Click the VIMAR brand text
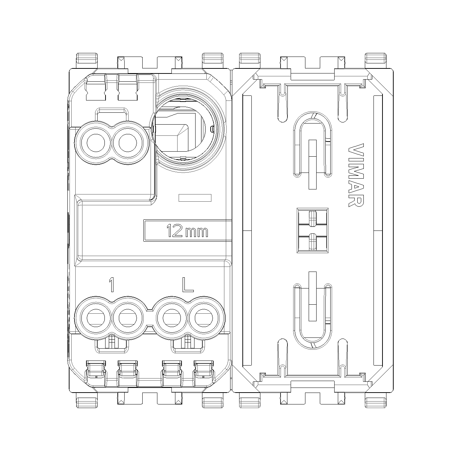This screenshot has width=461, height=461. pyautogui.click(x=356, y=175)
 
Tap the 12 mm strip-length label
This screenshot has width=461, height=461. pyautogui.click(x=187, y=230)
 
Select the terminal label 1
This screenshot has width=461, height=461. pyautogui.click(x=111, y=285)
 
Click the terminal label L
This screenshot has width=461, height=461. pyautogui.click(x=188, y=285)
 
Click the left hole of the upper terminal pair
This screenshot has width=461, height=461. pyautogui.click(x=96, y=143)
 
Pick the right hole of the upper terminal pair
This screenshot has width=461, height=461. pyautogui.click(x=127, y=143)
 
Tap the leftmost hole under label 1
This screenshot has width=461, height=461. pyautogui.click(x=96, y=318)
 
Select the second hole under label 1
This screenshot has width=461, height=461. pyautogui.click(x=127, y=318)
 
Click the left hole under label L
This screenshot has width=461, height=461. pyautogui.click(x=172, y=318)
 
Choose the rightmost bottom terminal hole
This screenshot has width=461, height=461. pyautogui.click(x=203, y=318)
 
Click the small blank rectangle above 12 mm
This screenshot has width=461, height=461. pyautogui.click(x=195, y=198)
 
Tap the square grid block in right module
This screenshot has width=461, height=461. pyautogui.click(x=313, y=230)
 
